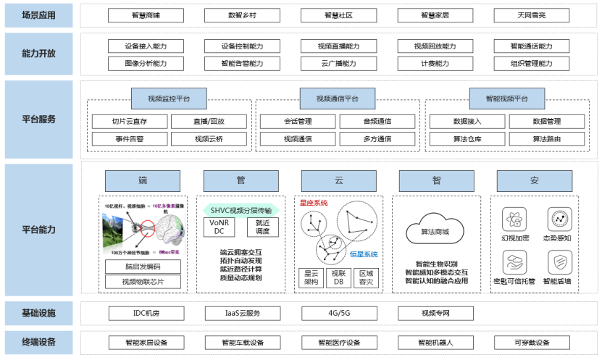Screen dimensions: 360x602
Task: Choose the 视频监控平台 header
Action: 170,99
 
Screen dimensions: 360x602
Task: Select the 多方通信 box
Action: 377,138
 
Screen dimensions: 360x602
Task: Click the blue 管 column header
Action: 231,180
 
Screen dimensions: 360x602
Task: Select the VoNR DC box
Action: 219,227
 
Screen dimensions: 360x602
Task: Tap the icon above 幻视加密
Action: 513,217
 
